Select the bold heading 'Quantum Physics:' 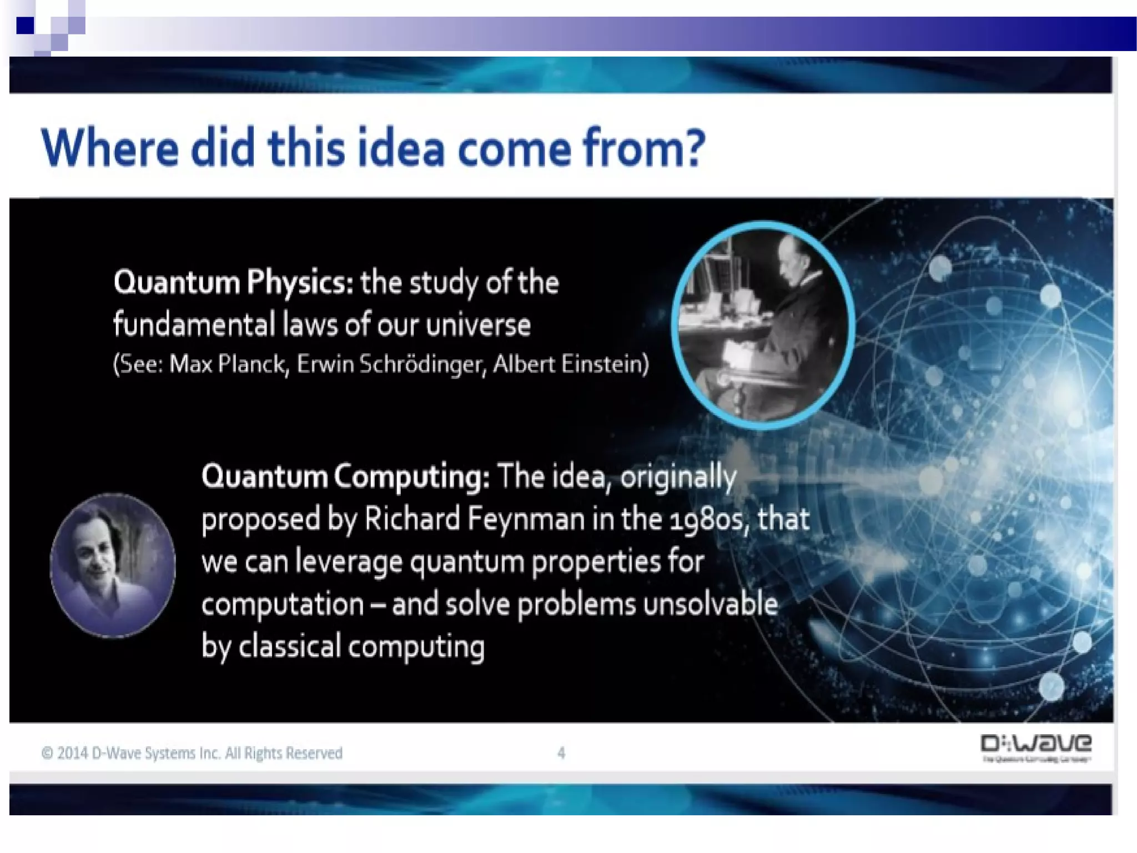point(233,282)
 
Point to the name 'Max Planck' point(228,364)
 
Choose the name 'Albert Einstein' point(568,364)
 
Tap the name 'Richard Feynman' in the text point(474,519)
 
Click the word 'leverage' point(349,562)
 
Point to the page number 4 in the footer point(561,753)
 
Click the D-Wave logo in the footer point(1036,747)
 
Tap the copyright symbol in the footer point(47,753)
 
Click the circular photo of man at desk point(762,325)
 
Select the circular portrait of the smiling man point(113,565)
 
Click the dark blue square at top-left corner point(25,25)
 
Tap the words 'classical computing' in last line point(361,647)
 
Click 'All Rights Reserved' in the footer point(284,753)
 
